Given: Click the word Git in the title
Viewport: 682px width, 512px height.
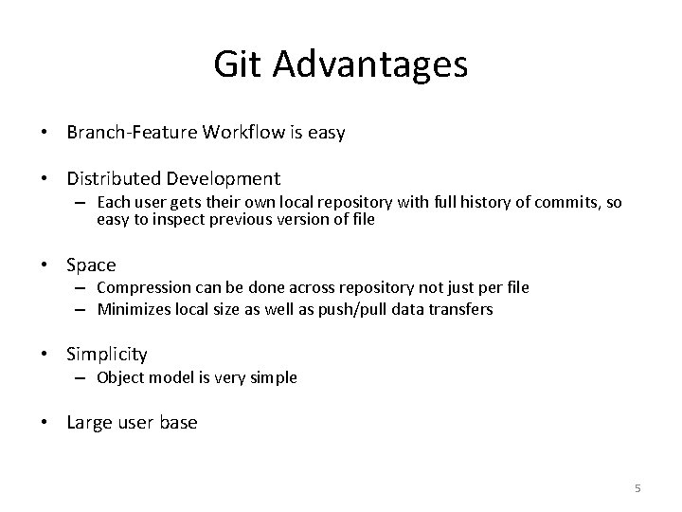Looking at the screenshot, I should pyautogui.click(x=237, y=64).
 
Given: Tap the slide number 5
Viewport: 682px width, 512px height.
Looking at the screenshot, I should pyautogui.click(x=637, y=488).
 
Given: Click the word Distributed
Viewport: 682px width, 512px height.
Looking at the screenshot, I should pyautogui.click(x=112, y=178).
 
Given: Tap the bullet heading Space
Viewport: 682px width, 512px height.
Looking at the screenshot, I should pyautogui.click(x=91, y=265).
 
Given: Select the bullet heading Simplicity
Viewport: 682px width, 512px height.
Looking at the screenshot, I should pyautogui.click(x=107, y=355).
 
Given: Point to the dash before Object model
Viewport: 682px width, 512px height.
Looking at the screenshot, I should pyautogui.click(x=82, y=377).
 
